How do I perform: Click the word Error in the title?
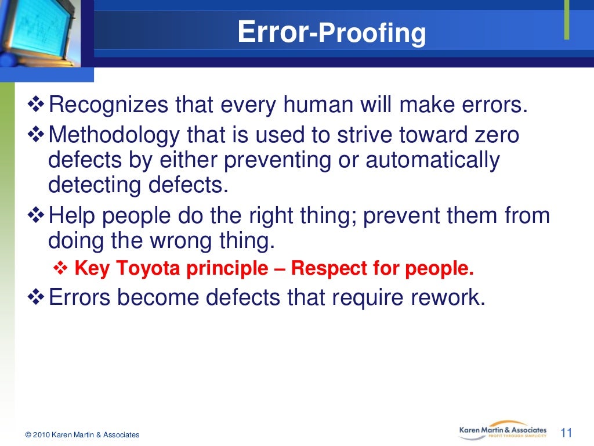pyautogui.click(x=273, y=33)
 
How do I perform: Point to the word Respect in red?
pyautogui.click(x=324, y=269)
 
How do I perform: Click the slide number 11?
pyautogui.click(x=566, y=433)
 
